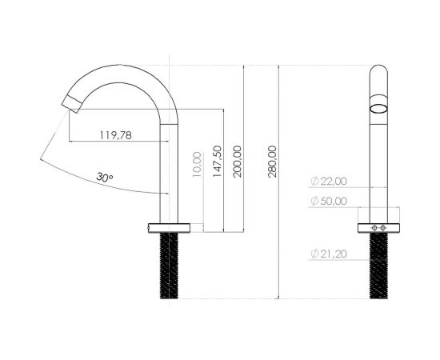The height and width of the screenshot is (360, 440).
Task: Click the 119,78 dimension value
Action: tap(116, 134)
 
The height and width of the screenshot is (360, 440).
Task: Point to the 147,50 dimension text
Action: tap(217, 161)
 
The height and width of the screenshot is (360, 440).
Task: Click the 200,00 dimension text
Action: tap(237, 161)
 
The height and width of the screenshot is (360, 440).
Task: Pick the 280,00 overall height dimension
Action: tap(274, 161)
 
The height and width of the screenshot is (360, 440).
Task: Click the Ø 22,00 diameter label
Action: tap(329, 182)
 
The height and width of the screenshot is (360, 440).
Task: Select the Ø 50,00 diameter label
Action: tap(329, 201)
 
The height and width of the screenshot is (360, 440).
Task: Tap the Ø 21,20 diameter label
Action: tap(329, 254)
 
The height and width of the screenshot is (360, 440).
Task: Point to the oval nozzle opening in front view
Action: tap(380, 109)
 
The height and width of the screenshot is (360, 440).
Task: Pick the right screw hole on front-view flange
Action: tap(385, 227)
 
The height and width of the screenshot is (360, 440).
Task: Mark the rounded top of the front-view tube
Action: tap(380, 69)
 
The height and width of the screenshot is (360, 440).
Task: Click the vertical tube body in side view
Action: tap(168, 168)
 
